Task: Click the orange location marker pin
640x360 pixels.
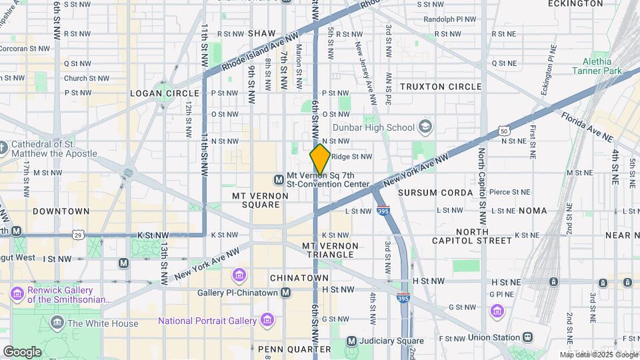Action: (x=320, y=159)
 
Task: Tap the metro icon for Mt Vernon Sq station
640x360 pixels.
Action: (x=279, y=179)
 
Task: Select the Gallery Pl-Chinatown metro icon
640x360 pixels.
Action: (x=286, y=293)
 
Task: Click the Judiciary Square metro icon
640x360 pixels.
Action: (x=351, y=341)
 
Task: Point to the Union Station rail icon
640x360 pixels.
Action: (x=528, y=337)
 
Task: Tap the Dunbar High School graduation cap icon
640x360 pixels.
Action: (x=425, y=127)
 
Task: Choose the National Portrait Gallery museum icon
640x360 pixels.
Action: (x=267, y=321)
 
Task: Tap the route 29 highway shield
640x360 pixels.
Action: (x=79, y=235)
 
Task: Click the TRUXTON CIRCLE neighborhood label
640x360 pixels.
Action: (x=441, y=87)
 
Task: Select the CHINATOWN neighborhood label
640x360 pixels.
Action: (x=299, y=277)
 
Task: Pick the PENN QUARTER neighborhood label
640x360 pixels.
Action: (x=294, y=349)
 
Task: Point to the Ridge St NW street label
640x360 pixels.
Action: (x=351, y=157)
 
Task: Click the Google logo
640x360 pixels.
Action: (x=22, y=351)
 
